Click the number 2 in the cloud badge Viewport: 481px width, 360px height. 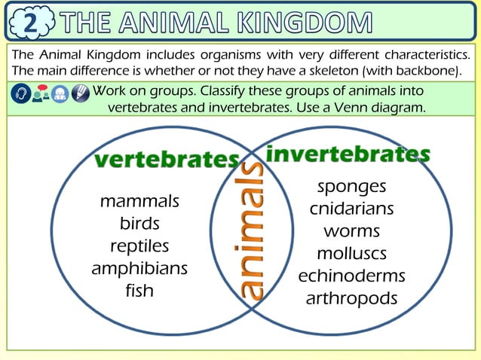pos(29,23)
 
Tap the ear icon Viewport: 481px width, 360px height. pos(21,94)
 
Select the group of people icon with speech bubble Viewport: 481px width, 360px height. pos(41,94)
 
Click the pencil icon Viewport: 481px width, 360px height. pos(80,94)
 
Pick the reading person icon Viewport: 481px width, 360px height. pos(60,94)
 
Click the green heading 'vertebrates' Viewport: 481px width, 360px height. pos(167,160)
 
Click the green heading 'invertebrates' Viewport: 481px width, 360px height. pos(348,154)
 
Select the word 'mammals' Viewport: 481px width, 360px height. pos(139,202)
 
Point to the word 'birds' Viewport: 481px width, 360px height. pos(139,224)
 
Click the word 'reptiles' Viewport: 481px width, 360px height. pos(139,246)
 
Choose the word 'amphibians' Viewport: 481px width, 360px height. pos(139,269)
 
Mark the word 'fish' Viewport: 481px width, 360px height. pos(139,291)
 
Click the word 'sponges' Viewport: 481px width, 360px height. pos(351,187)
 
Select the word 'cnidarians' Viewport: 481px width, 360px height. pos(351,209)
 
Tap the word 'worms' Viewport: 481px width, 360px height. pos(351,231)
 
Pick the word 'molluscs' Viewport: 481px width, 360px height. pos(351,253)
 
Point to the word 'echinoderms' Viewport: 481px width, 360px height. pos(351,276)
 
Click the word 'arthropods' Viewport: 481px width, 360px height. pos(351,298)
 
